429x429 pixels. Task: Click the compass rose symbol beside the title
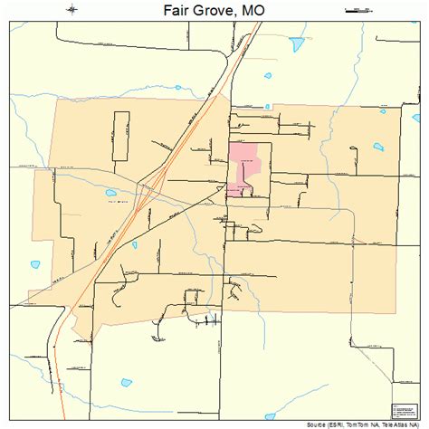coord(72,11)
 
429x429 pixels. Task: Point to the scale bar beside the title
coord(360,11)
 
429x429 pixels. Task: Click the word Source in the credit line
coord(322,423)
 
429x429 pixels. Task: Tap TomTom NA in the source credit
coord(373,423)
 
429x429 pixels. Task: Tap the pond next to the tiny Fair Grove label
coord(110,193)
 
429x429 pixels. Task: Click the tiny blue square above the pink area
coord(267,107)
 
